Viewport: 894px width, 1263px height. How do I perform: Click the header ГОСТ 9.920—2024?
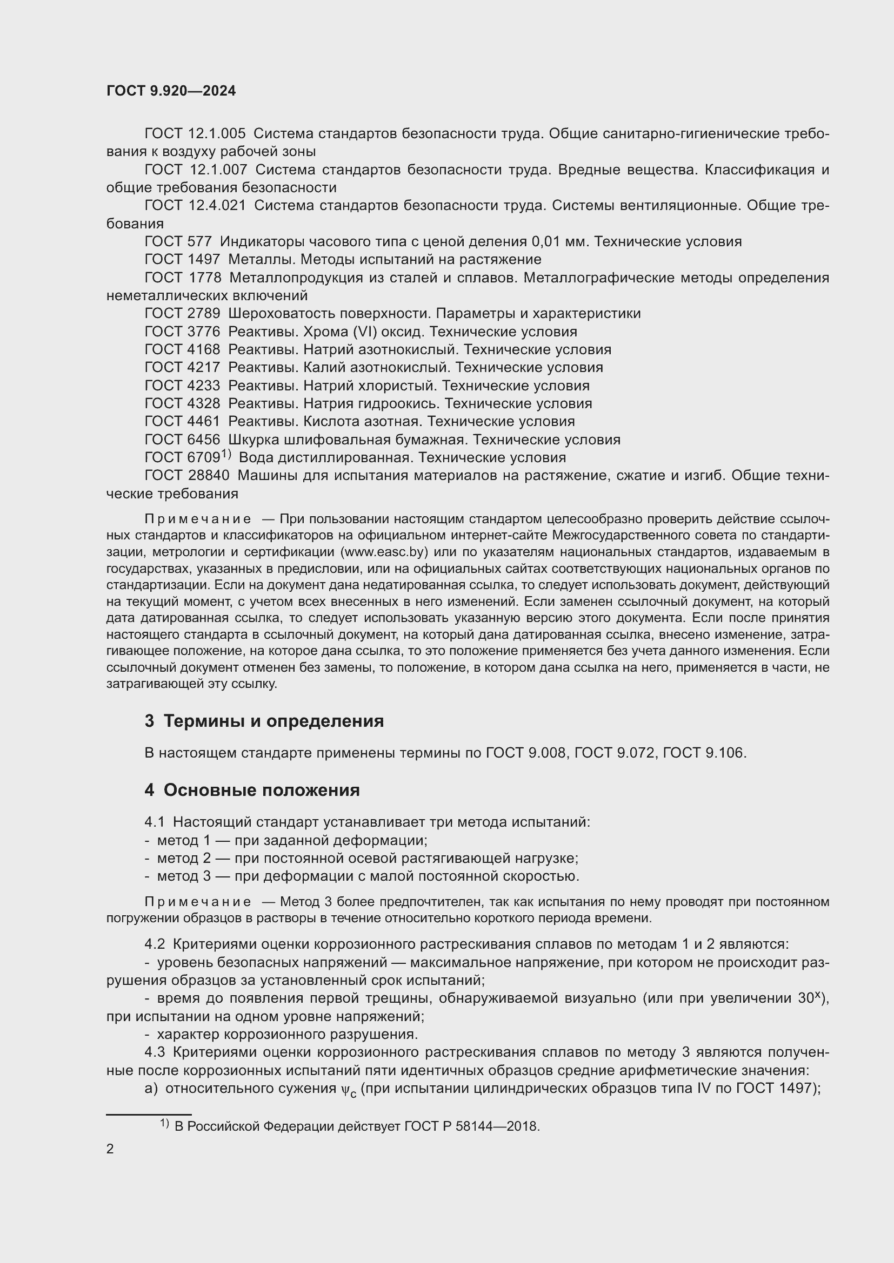[171, 91]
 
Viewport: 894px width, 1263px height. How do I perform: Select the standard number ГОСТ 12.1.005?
[196, 134]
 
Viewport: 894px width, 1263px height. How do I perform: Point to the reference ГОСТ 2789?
[182, 314]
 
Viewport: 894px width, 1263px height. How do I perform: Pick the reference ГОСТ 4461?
[182, 421]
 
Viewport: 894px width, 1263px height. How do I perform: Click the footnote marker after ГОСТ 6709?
[226, 454]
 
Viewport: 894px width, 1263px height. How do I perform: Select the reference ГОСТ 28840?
[186, 475]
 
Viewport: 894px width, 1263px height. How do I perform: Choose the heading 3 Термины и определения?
[264, 721]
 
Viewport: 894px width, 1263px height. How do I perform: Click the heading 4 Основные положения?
[252, 791]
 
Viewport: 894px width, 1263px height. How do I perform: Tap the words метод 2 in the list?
[184, 858]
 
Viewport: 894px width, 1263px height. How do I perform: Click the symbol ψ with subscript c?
[348, 1090]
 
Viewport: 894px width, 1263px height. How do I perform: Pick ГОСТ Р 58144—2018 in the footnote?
[472, 1126]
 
